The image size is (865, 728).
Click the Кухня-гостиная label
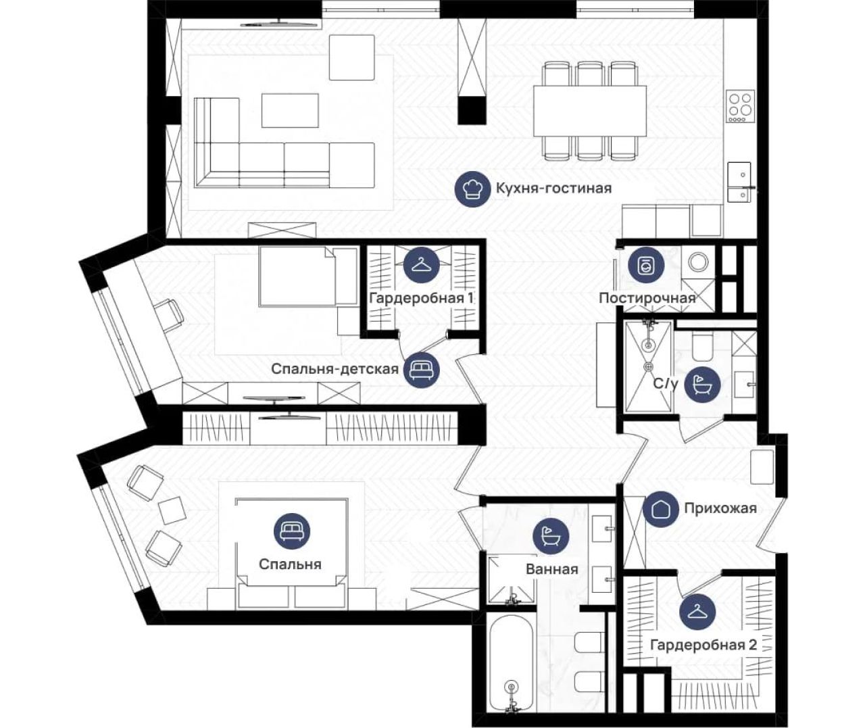554,189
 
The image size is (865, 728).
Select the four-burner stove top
741,107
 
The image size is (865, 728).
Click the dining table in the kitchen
590,110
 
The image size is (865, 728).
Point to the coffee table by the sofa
290,110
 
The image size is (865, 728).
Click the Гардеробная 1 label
421,297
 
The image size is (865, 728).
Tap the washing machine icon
646,264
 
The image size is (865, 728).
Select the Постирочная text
647,297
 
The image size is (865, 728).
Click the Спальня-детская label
335,369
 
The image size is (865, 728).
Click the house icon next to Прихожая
661,509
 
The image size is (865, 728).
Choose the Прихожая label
720,508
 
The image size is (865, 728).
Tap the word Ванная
552,569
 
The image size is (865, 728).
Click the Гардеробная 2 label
703,645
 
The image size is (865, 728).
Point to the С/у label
666,384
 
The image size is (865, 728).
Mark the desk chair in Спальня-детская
169,315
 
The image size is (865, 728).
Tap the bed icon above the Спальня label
292,531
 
